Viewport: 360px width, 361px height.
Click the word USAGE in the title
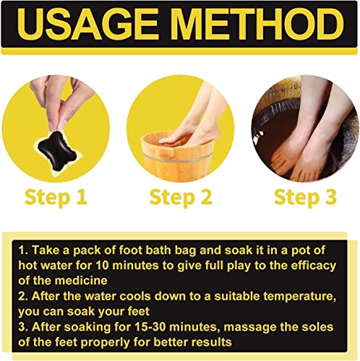coord(89,24)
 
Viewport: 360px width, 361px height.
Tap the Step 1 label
coord(56,198)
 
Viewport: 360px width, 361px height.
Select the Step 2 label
coord(181,198)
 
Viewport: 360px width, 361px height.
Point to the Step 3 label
coord(305,198)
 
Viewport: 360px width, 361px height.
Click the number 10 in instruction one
coord(103,266)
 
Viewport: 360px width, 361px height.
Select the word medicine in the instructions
coord(81,281)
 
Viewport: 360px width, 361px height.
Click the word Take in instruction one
coord(46,251)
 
